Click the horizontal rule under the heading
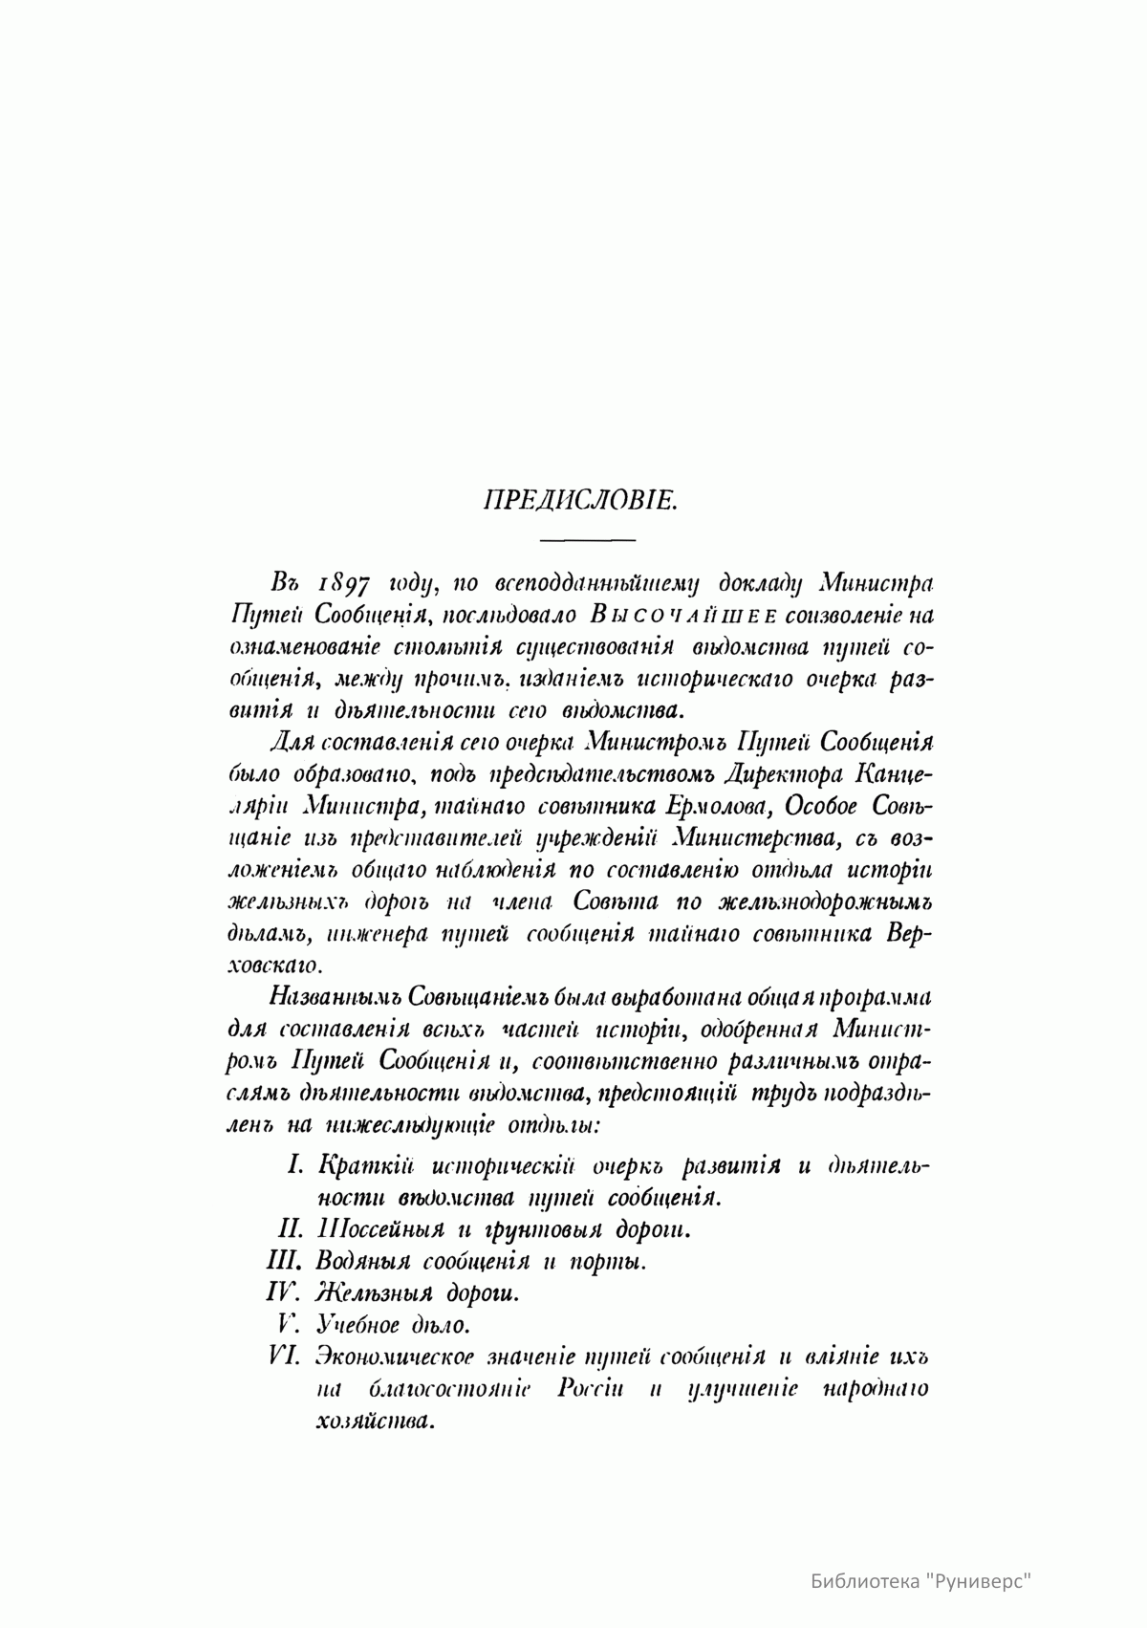coord(588,541)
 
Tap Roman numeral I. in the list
coord(295,1165)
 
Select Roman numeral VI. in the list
coord(287,1357)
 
